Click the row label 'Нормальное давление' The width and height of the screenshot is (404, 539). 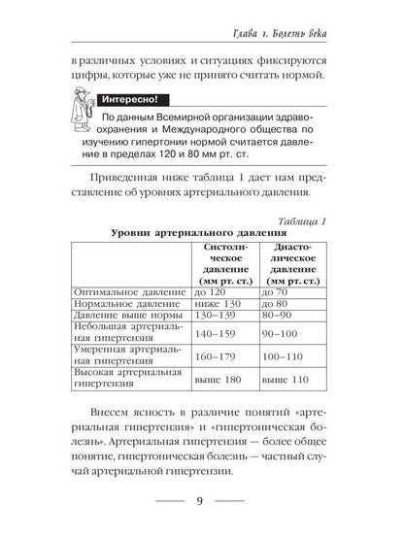(120, 305)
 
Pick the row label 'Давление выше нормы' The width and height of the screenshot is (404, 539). (122, 318)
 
